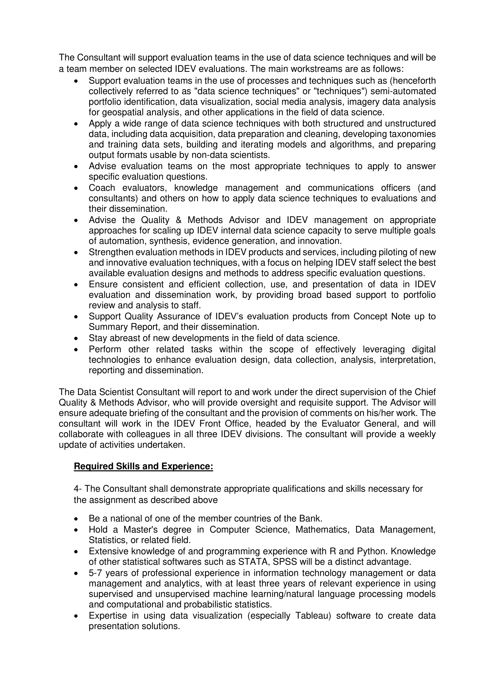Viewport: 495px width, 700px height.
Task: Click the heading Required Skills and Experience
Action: coord(143,467)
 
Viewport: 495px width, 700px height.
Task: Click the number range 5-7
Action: coord(96,573)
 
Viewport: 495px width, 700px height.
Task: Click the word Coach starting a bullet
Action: coord(102,188)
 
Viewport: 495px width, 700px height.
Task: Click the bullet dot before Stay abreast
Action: coord(76,339)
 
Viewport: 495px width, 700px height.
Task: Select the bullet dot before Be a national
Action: coord(76,519)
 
